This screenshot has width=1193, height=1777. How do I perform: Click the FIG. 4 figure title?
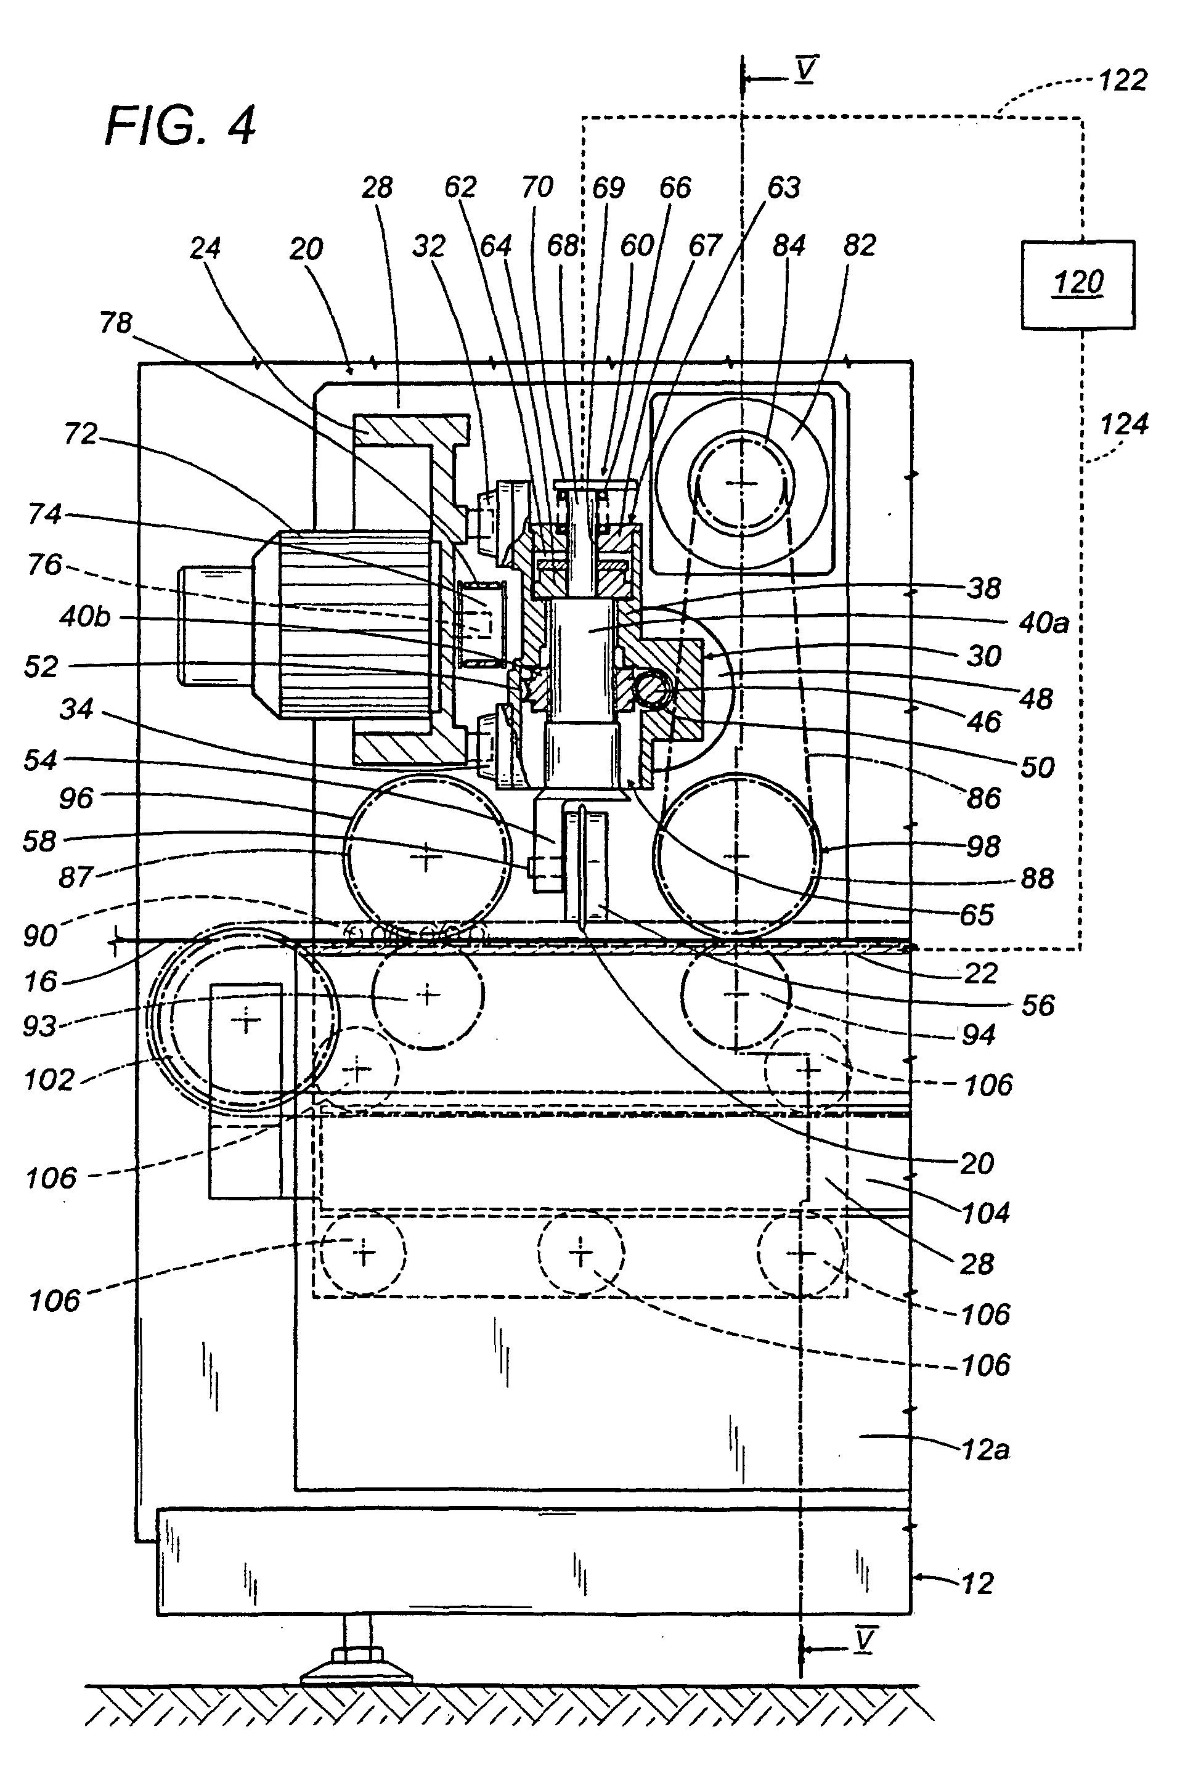coord(181,126)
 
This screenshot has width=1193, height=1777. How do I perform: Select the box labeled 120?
coord(1077,285)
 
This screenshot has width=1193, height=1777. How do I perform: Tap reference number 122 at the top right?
coord(1122,80)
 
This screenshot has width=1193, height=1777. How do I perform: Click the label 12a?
coord(985,1450)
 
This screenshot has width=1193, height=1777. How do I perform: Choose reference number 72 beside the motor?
coord(81,434)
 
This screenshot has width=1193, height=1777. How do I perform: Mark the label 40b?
coord(85,616)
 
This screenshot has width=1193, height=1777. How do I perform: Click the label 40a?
coord(1043,623)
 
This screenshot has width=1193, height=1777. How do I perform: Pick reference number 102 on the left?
coord(49,1080)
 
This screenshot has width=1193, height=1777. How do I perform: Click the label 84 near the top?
coord(788,246)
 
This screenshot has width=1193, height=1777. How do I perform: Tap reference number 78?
coord(116,323)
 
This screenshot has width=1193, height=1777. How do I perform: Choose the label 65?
coord(977,914)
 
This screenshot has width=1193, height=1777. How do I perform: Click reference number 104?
coord(986,1213)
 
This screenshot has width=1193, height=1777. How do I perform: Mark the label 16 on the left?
coord(40,982)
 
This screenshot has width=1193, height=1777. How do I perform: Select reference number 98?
coord(982,846)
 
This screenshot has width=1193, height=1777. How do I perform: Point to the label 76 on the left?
coord(44,564)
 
